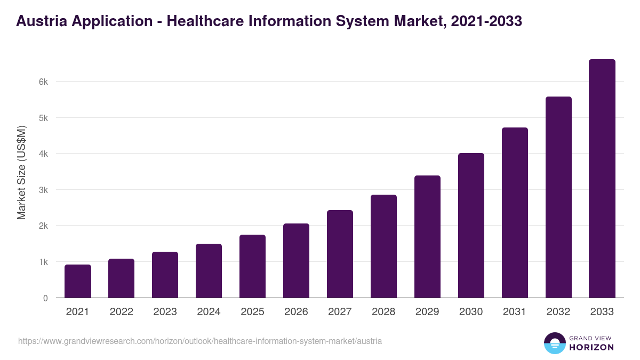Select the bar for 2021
pos(78,281)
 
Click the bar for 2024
pos(209,271)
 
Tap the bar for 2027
pos(340,254)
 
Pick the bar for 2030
pos(471,226)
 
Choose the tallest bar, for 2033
pos(602,179)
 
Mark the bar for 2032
pos(558,197)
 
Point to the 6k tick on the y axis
pos(43,82)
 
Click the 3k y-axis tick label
pos(43,190)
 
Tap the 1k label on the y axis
pos(43,262)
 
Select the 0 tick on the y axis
pos(45,298)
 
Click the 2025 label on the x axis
pos(252,312)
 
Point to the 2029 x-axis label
pos(427,312)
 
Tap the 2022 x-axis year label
pos(121,312)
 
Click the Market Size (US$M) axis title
pos(21,172)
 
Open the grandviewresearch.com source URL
pos(200,341)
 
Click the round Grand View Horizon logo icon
pos(554,343)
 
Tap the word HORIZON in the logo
pos(591,347)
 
